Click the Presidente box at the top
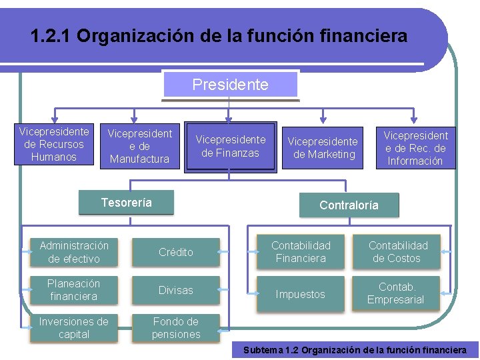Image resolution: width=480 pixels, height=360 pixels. [230, 85]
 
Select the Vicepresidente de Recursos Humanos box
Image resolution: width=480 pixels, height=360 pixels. [55, 145]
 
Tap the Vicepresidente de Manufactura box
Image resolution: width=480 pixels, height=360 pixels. [140, 146]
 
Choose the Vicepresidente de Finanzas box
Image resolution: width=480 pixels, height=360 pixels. [230, 147]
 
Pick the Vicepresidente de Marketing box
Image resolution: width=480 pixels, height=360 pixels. [323, 148]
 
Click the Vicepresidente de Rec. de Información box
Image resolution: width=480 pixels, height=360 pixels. [415, 148]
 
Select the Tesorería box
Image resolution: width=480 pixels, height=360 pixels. [126, 203]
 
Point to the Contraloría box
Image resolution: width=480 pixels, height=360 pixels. [349, 205]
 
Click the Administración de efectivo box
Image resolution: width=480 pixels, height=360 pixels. [74, 252]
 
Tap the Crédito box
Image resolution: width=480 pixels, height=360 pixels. [176, 252]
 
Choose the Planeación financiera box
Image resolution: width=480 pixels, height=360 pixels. [74, 290]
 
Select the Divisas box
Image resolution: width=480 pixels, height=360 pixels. [176, 290]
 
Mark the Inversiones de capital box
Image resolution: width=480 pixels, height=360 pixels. [74, 328]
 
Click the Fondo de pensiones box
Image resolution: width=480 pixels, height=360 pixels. [176, 328]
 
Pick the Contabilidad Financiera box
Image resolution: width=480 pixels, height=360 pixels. [301, 252]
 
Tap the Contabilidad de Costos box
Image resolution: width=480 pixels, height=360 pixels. [397, 252]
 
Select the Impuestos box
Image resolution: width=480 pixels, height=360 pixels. [301, 294]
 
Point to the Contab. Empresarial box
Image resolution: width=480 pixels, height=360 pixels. [397, 293]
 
